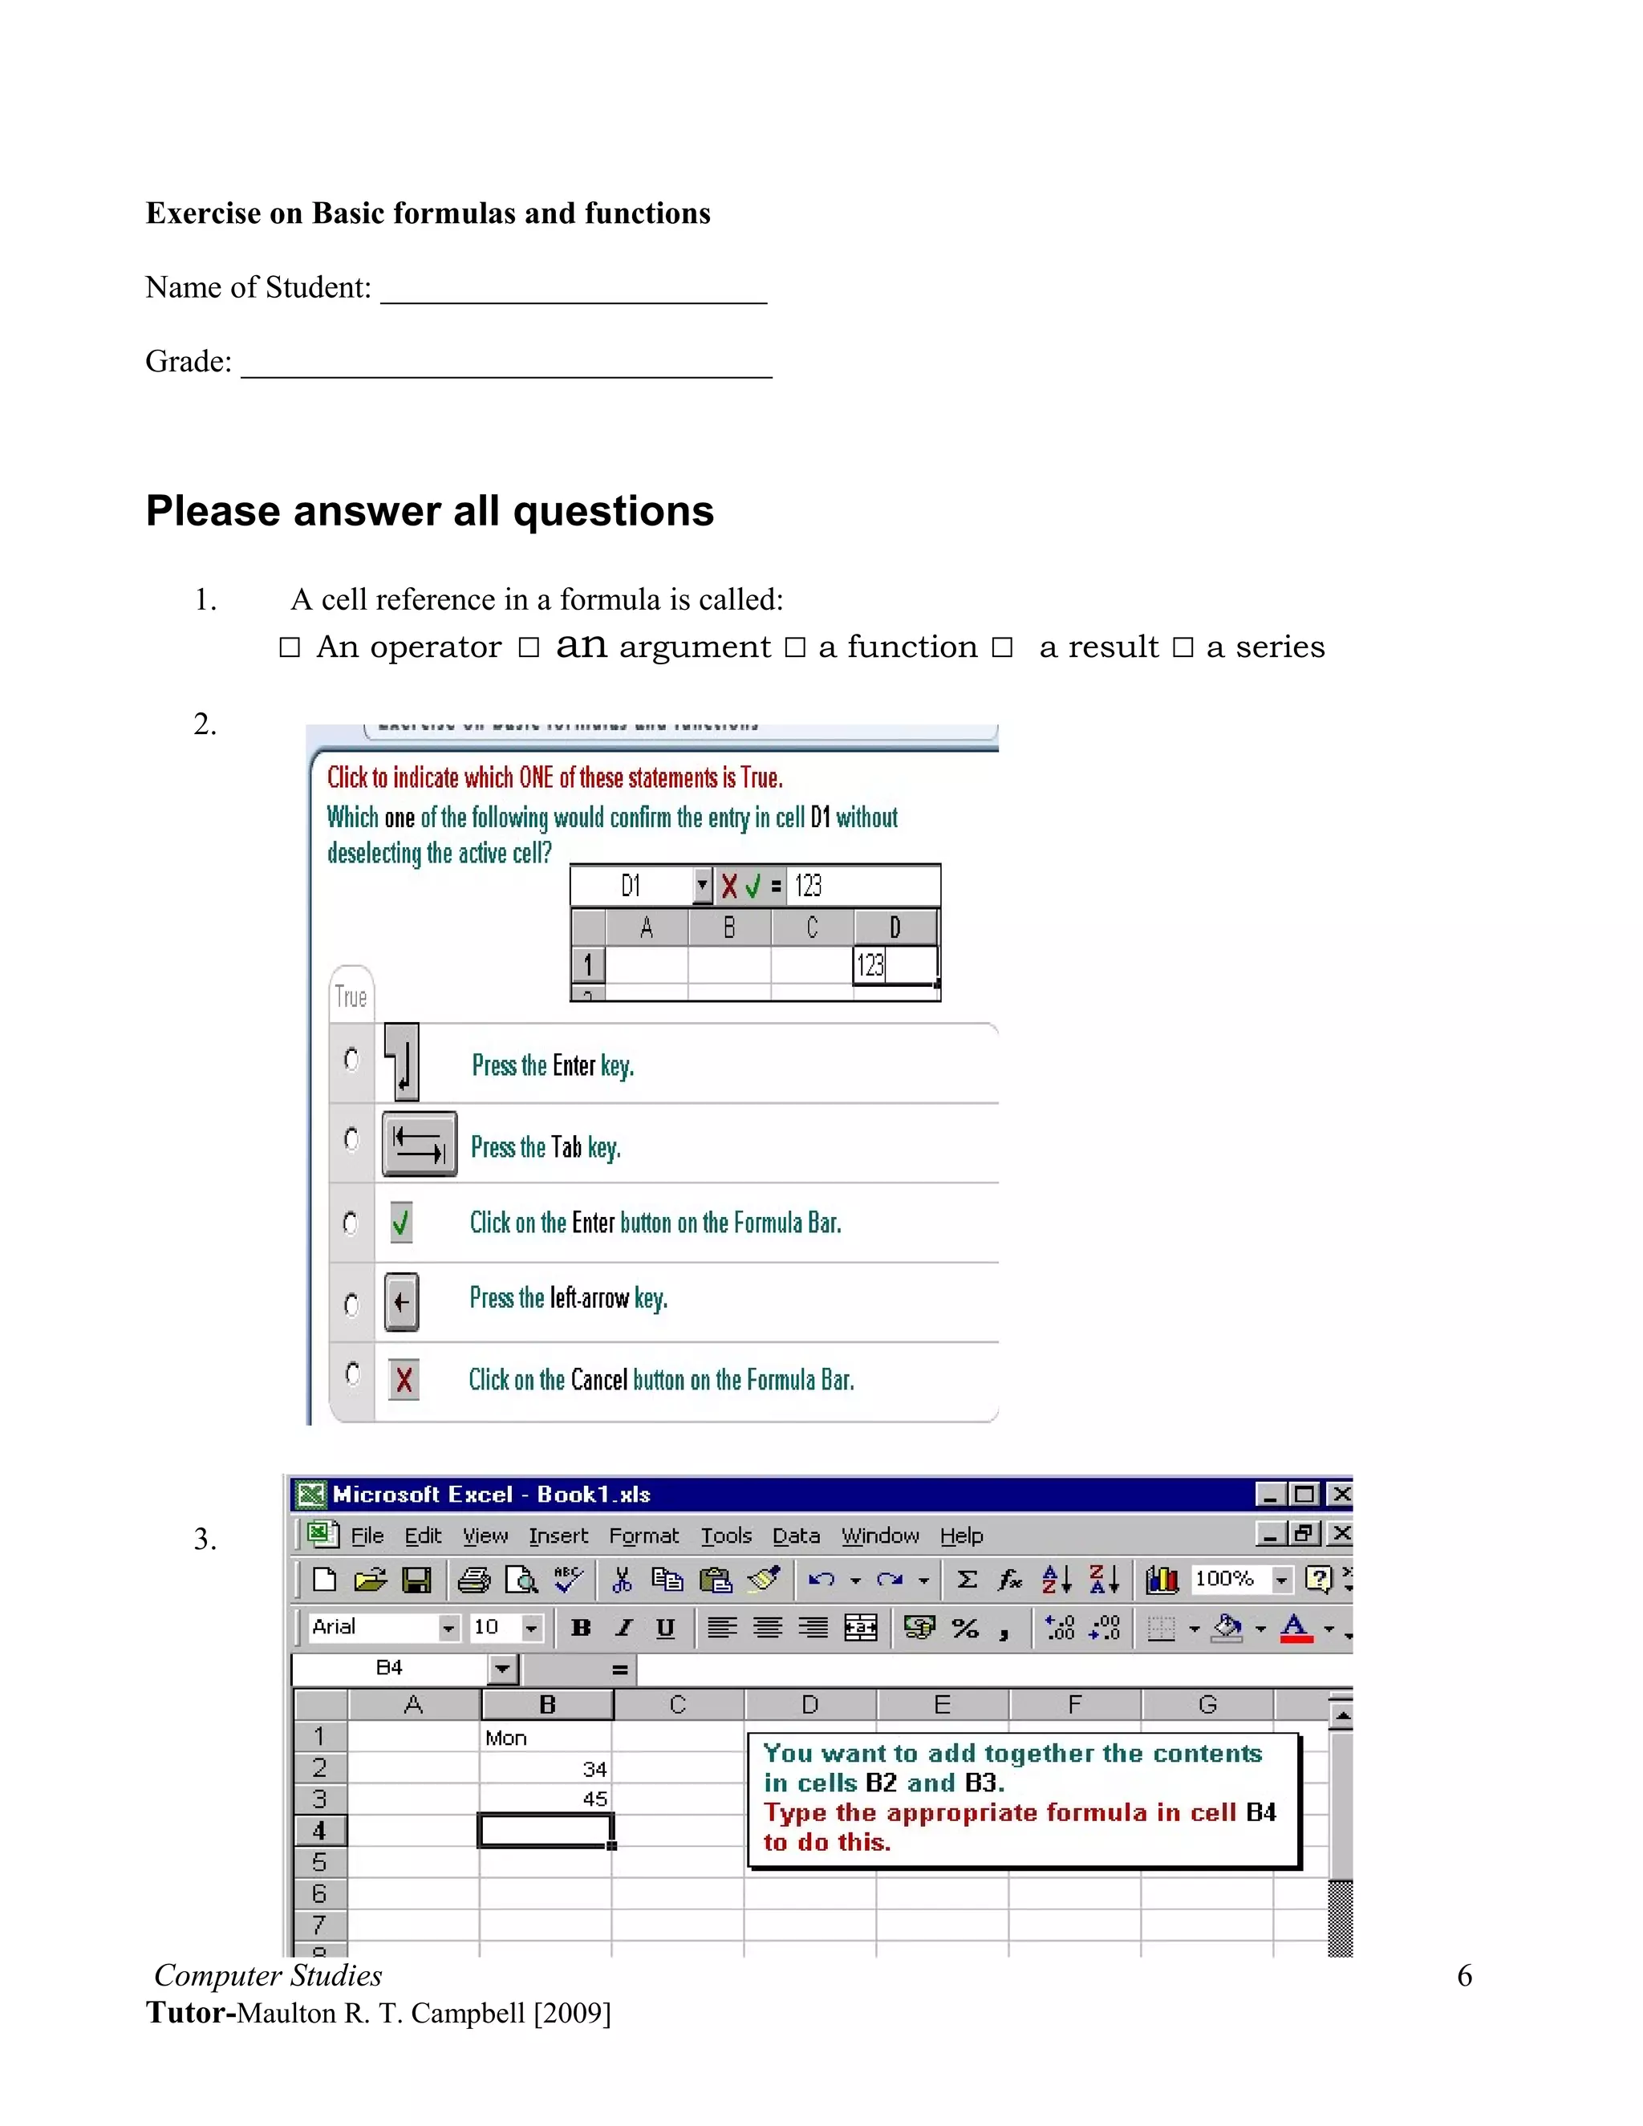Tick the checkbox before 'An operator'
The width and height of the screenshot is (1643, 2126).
click(289, 647)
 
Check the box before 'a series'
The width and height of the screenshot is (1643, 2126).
click(1183, 647)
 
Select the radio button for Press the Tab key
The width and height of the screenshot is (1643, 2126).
click(351, 1139)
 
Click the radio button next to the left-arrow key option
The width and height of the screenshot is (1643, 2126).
click(351, 1304)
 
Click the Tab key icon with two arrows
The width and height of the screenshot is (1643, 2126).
click(420, 1144)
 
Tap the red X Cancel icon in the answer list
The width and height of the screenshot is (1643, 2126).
click(403, 1379)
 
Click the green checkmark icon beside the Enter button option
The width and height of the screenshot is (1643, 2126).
click(400, 1223)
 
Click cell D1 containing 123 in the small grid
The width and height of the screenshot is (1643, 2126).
click(894, 964)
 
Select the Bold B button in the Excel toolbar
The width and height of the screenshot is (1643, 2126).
click(581, 1628)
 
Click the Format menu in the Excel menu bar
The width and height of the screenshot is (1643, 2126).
click(643, 1536)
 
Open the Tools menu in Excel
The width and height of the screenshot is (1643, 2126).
click(726, 1536)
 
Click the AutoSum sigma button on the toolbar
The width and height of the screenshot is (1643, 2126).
click(967, 1579)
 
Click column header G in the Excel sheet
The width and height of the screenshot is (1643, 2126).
click(1207, 1705)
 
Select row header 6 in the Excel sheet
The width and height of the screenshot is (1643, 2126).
click(319, 1893)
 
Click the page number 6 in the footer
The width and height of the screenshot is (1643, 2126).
click(1464, 1976)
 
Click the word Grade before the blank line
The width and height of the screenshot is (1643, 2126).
click(188, 362)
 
